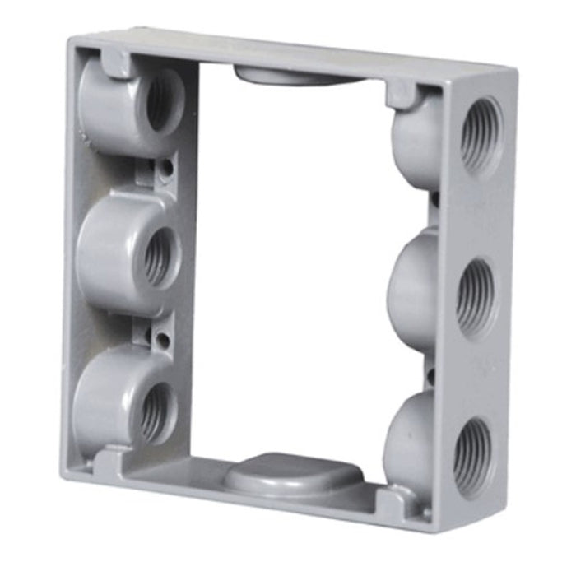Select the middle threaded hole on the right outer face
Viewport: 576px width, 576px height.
(x=477, y=296)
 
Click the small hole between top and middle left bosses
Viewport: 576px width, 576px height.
(x=167, y=168)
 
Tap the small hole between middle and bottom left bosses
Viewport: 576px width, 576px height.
(x=164, y=338)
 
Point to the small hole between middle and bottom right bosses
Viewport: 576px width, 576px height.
(x=430, y=377)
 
